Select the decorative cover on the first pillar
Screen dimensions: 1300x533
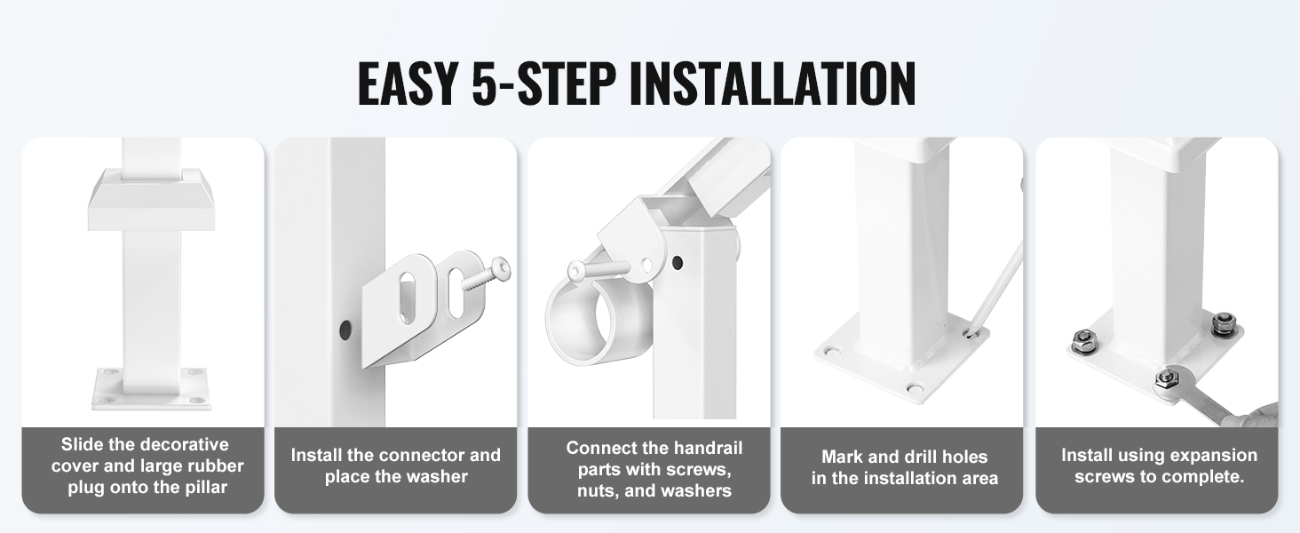click(x=155, y=199)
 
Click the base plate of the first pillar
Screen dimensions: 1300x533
click(x=152, y=388)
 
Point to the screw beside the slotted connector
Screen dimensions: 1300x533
click(x=485, y=274)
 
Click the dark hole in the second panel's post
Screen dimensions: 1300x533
click(x=345, y=330)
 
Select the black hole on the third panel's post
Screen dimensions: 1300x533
click(x=677, y=262)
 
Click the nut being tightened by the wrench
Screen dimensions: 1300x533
click(x=1165, y=379)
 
